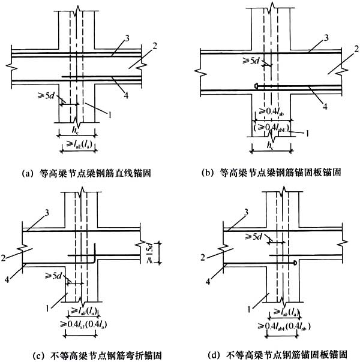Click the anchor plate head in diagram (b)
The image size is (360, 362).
256,87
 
